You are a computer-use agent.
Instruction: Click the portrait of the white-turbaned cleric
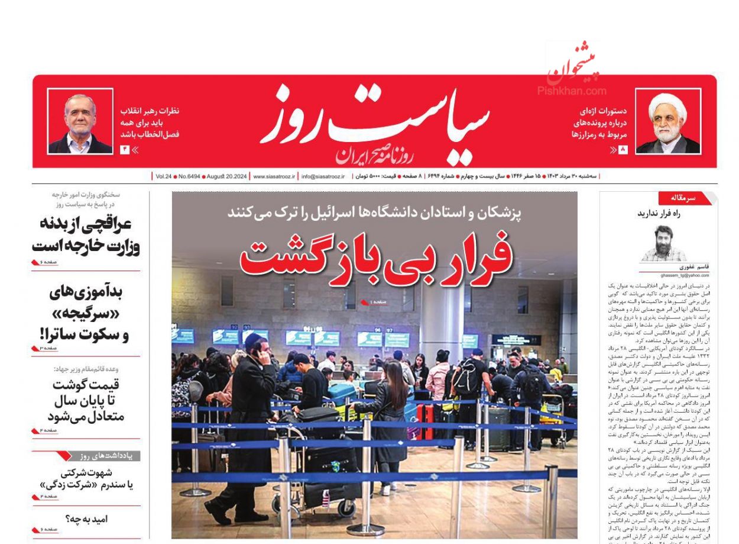(x=667, y=122)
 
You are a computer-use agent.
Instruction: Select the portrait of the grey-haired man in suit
(x=80, y=122)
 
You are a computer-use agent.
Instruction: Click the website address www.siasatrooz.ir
(x=274, y=176)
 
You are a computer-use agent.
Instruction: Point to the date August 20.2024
(x=226, y=176)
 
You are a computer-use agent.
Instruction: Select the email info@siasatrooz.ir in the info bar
(x=323, y=176)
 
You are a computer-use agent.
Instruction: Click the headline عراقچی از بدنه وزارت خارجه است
(x=86, y=234)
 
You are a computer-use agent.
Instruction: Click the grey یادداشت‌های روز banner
(x=107, y=456)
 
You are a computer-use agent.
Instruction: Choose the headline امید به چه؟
(x=87, y=519)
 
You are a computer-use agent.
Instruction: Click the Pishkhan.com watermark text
(x=572, y=91)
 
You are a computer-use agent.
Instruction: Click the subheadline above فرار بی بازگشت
(x=374, y=213)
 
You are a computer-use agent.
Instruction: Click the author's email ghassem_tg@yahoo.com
(x=674, y=275)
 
